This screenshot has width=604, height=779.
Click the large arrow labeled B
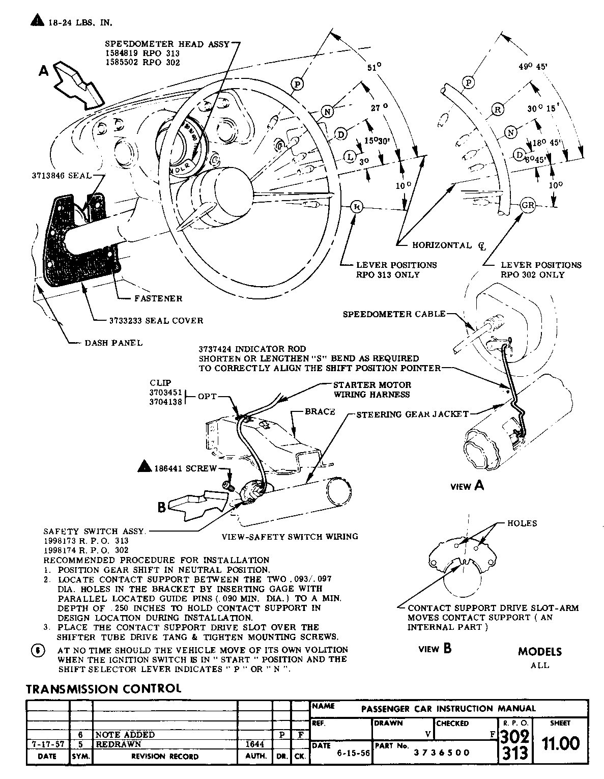click(x=196, y=504)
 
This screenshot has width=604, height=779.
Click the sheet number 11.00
click(x=560, y=744)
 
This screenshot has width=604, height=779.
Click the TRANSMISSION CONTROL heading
click(x=103, y=689)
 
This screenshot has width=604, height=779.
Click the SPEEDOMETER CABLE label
click(x=394, y=314)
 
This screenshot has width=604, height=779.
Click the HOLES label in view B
click(x=522, y=523)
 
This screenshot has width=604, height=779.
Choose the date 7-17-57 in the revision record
click(x=47, y=744)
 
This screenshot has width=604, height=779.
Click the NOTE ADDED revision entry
click(x=125, y=735)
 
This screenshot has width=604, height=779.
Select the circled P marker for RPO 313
click(x=298, y=84)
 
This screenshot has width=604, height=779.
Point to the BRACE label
click(x=320, y=411)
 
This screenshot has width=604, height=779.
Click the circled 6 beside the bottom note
click(x=38, y=651)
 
